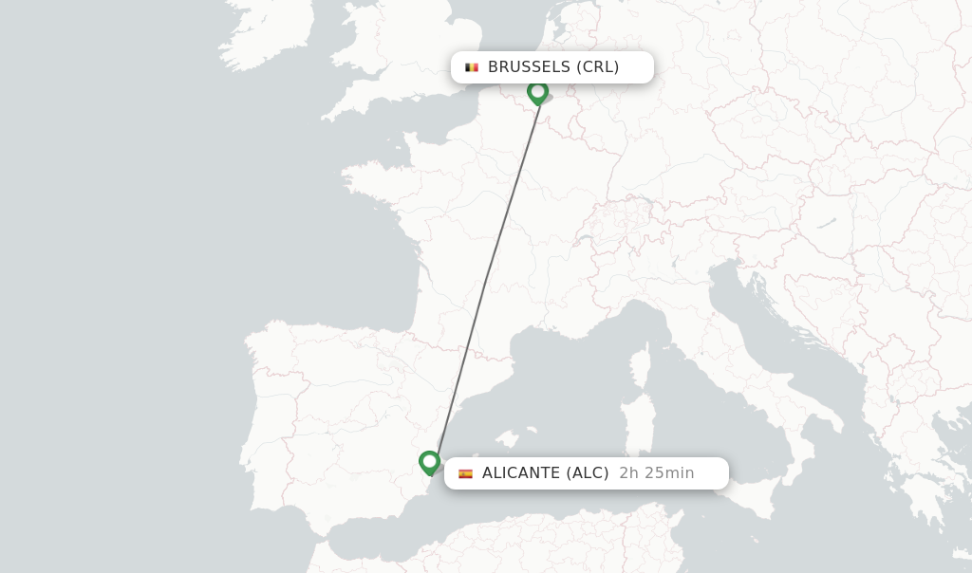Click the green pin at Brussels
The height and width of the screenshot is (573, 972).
[x=538, y=92]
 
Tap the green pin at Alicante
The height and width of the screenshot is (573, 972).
[x=429, y=462]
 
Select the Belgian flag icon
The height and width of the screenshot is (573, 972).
[x=471, y=67]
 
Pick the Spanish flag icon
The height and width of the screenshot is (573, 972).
[x=465, y=473]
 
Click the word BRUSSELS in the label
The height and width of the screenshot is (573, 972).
[x=529, y=67]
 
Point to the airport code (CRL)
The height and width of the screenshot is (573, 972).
[x=598, y=67]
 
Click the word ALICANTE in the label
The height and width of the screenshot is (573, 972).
[x=521, y=473]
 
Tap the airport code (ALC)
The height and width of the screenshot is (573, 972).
[x=588, y=473]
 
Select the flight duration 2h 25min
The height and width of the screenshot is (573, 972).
[x=657, y=473]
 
